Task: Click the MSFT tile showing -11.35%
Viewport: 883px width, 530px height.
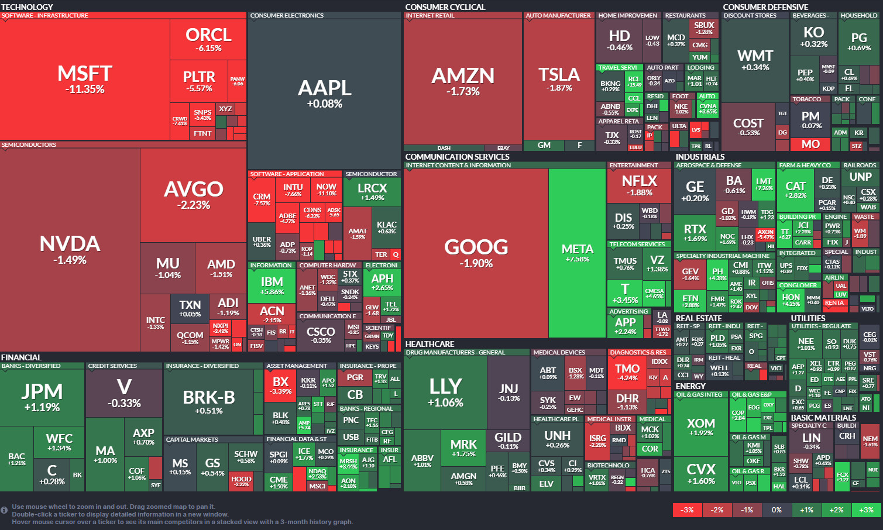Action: pyautogui.click(x=85, y=80)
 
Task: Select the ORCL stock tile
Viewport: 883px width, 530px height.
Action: pyautogui.click(x=208, y=39)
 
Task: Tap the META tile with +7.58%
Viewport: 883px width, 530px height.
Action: pyautogui.click(x=577, y=252)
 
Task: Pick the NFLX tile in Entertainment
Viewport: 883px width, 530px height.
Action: pyautogui.click(x=639, y=185)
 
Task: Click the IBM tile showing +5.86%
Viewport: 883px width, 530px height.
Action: pyautogui.click(x=272, y=285)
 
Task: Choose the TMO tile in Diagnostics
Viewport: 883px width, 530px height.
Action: pyautogui.click(x=627, y=372)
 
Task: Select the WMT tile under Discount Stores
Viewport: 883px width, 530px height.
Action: pyautogui.click(x=755, y=60)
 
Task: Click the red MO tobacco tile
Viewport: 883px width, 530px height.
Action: pyautogui.click(x=810, y=144)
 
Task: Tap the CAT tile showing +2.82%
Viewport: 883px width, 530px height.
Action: pyautogui.click(x=795, y=190)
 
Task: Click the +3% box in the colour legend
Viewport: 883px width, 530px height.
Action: pyautogui.click(x=866, y=510)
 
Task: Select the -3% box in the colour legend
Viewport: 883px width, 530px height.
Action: pyautogui.click(x=687, y=510)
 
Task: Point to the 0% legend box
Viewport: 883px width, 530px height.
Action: pyautogui.click(x=777, y=510)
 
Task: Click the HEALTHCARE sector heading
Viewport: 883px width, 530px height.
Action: pyautogui.click(x=430, y=344)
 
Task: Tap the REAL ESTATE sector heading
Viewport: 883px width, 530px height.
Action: pyautogui.click(x=699, y=318)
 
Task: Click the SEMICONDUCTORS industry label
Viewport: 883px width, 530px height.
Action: pyautogui.click(x=29, y=144)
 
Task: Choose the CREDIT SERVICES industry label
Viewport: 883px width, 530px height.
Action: pyautogui.click(x=112, y=366)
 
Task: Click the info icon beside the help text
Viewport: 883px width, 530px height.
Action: pyautogui.click(x=5, y=510)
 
